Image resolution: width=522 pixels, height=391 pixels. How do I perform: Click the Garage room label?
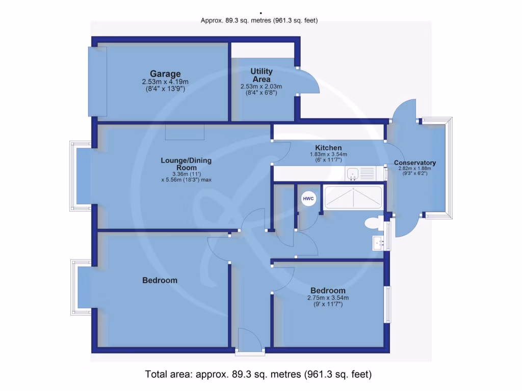[x=165, y=74]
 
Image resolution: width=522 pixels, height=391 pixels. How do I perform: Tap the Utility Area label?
[x=262, y=75]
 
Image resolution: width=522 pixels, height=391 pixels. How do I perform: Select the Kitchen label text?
[x=328, y=148]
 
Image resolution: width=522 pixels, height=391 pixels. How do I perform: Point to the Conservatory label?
[x=415, y=163]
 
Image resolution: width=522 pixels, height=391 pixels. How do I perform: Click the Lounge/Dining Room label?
[x=186, y=164]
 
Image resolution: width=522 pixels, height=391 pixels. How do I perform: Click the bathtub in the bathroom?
[x=353, y=197]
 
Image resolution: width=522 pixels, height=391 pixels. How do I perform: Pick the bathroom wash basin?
[x=378, y=242]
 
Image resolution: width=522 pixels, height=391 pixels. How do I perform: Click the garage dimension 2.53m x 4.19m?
[x=165, y=82]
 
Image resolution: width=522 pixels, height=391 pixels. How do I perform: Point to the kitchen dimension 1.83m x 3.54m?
[x=328, y=155]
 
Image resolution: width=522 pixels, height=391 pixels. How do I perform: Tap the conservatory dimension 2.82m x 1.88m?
[x=415, y=169]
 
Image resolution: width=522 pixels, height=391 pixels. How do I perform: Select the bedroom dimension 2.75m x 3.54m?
[x=328, y=298]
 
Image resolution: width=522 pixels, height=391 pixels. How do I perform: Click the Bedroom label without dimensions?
[x=160, y=281]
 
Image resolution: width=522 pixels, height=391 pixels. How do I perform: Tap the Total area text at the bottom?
[x=258, y=374]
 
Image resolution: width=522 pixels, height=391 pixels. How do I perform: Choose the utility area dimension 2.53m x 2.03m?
[x=262, y=87]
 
